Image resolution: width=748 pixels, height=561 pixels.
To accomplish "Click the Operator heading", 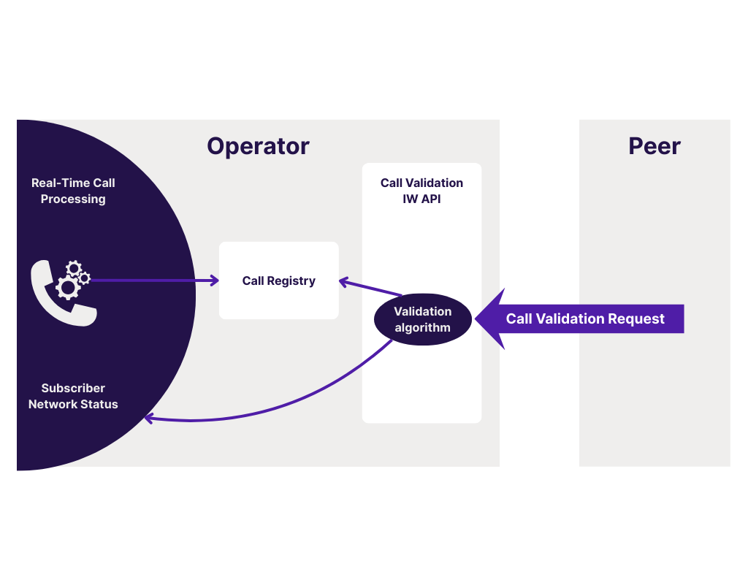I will [x=258, y=146].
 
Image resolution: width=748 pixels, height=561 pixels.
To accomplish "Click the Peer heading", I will [x=654, y=146].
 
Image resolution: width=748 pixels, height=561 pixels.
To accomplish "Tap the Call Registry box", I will [x=278, y=280].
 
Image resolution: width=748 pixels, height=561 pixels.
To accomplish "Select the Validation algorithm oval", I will [x=422, y=320].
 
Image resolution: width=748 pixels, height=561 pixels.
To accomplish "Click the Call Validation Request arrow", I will [x=585, y=319].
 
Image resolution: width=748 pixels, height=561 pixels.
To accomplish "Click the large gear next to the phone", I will [x=68, y=287].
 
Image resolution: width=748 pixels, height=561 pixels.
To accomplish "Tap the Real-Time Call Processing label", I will [x=73, y=191].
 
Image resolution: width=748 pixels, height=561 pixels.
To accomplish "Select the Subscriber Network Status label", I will [x=73, y=396].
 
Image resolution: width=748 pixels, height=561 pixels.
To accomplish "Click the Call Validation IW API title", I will [x=421, y=191].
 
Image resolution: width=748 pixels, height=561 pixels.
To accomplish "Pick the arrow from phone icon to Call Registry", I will [x=153, y=280].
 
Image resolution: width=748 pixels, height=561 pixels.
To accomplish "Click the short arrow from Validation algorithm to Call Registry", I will [x=370, y=287].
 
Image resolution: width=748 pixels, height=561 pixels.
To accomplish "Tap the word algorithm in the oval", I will [x=422, y=328].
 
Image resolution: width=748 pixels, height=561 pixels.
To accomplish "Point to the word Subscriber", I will [x=73, y=388].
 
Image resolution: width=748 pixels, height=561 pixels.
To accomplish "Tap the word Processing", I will [x=73, y=199].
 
